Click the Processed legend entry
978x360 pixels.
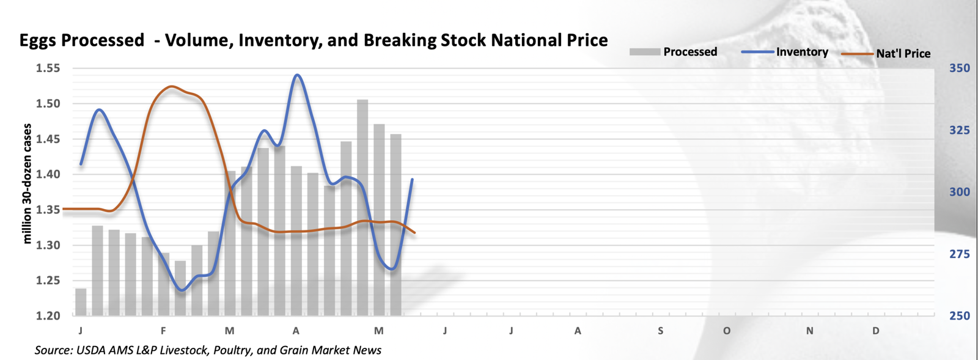(689, 52)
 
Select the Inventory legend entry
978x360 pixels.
(801, 52)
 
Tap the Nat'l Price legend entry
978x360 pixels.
(903, 54)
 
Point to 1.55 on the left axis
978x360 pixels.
(48, 68)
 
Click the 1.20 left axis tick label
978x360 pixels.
(48, 316)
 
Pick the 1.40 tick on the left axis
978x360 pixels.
(48, 175)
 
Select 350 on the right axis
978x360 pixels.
(959, 68)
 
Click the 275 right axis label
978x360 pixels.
(959, 254)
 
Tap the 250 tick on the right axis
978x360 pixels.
(959, 316)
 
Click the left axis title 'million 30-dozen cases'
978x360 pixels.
(27, 183)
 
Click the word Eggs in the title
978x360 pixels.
(39, 40)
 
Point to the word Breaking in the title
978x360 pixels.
(398, 40)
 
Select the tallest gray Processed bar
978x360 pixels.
(362, 208)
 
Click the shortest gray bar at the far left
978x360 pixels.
(81, 302)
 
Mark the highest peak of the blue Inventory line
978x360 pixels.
(297, 75)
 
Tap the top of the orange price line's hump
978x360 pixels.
(172, 87)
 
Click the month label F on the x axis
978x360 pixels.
(163, 331)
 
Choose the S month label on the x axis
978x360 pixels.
(661, 331)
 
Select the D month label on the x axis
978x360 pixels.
(876, 331)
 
